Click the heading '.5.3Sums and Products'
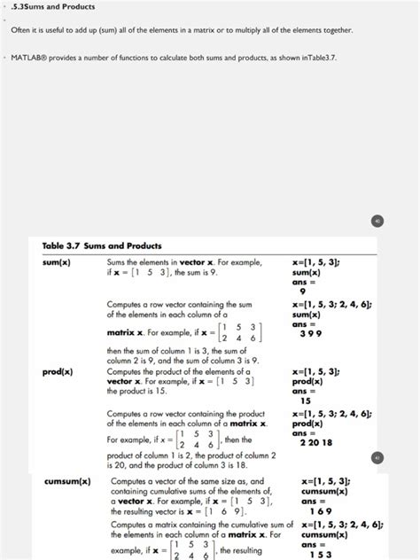coord(54,7)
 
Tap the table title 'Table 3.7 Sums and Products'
coord(102,245)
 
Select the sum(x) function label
coord(58,263)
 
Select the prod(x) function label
coord(58,371)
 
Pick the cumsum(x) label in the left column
coord(67,482)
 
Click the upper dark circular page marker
coord(377,221)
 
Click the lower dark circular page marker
coord(377,457)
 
